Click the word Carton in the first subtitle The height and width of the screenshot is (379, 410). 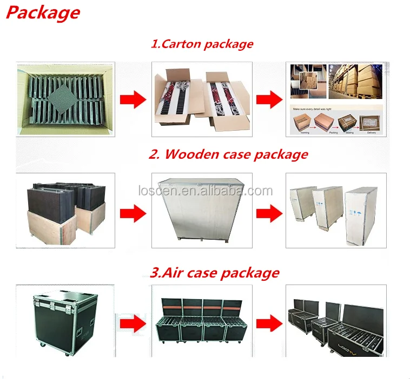click(180, 44)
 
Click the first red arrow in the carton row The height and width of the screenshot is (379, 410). click(132, 99)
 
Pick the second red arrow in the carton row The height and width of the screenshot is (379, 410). click(268, 99)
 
